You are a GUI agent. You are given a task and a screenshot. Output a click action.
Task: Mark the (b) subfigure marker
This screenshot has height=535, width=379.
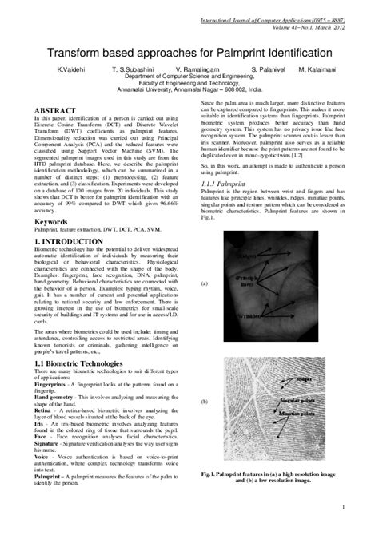pyautogui.click(x=204, y=402)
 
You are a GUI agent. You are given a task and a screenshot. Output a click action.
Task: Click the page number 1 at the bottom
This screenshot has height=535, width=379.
pyautogui.click(x=342, y=507)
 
